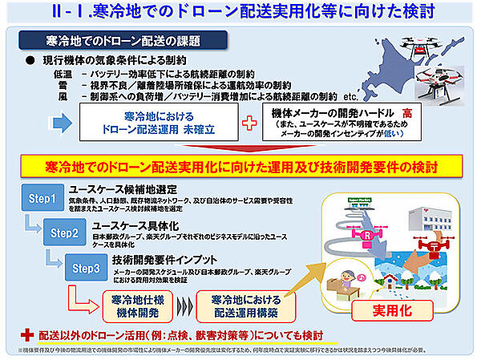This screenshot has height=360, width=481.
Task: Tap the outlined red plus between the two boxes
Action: click(x=249, y=123)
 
